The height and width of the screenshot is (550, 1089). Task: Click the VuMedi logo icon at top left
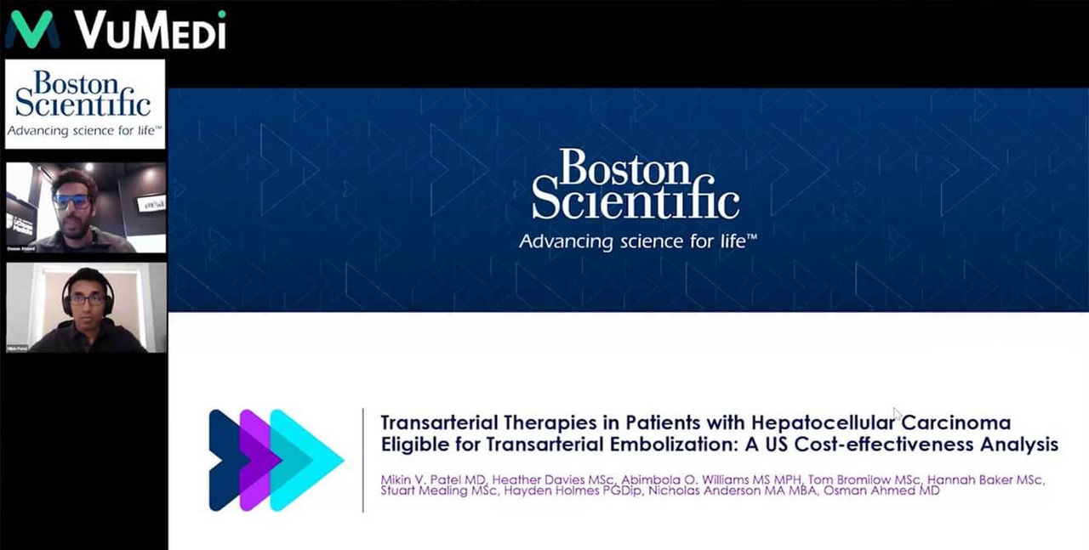pyautogui.click(x=32, y=29)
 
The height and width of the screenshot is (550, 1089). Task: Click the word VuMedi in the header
pyautogui.click(x=150, y=30)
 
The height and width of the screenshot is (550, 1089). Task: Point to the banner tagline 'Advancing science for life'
pyautogui.click(x=637, y=241)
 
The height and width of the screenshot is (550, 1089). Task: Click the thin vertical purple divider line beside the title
pyautogui.click(x=363, y=460)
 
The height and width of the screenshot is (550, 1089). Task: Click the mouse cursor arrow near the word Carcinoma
pyautogui.click(x=897, y=414)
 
